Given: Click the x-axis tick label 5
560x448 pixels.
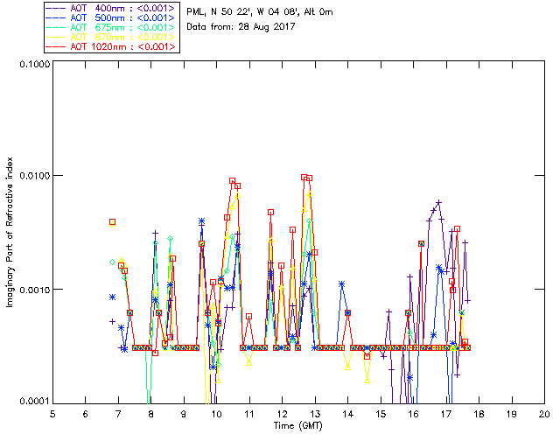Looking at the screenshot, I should point(52,414).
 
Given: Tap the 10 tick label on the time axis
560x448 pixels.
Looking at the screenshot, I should point(216,414).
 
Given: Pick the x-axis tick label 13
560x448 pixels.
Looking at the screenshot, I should point(315,414).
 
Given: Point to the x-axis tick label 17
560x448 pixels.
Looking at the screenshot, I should point(446,414).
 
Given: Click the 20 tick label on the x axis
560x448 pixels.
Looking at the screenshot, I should point(544,414).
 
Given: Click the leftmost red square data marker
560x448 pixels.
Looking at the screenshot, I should point(112,222).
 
